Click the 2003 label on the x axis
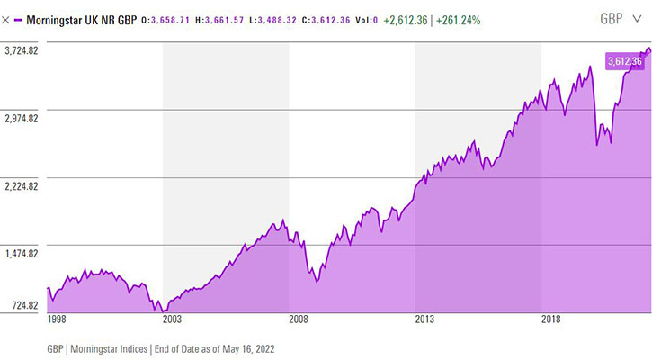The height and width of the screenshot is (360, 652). point(171,319)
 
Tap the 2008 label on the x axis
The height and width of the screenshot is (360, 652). point(298,319)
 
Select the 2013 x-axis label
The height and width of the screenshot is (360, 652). point(424,319)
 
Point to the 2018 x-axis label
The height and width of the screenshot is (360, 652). point(550,319)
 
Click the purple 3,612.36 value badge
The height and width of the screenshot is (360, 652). point(624,61)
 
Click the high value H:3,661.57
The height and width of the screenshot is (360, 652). point(230,19)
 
